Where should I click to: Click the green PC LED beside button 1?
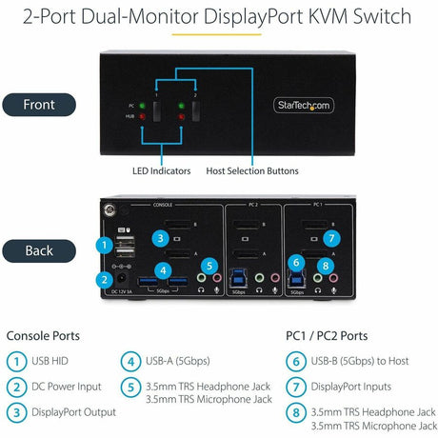[x=142, y=106]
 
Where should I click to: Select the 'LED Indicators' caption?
[x=161, y=170]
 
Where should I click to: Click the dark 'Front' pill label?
[x=39, y=105]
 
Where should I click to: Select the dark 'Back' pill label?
[x=39, y=250]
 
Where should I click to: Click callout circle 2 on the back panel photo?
[x=103, y=280]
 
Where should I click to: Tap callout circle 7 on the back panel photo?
[x=330, y=238]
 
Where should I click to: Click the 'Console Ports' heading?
[x=44, y=335]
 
